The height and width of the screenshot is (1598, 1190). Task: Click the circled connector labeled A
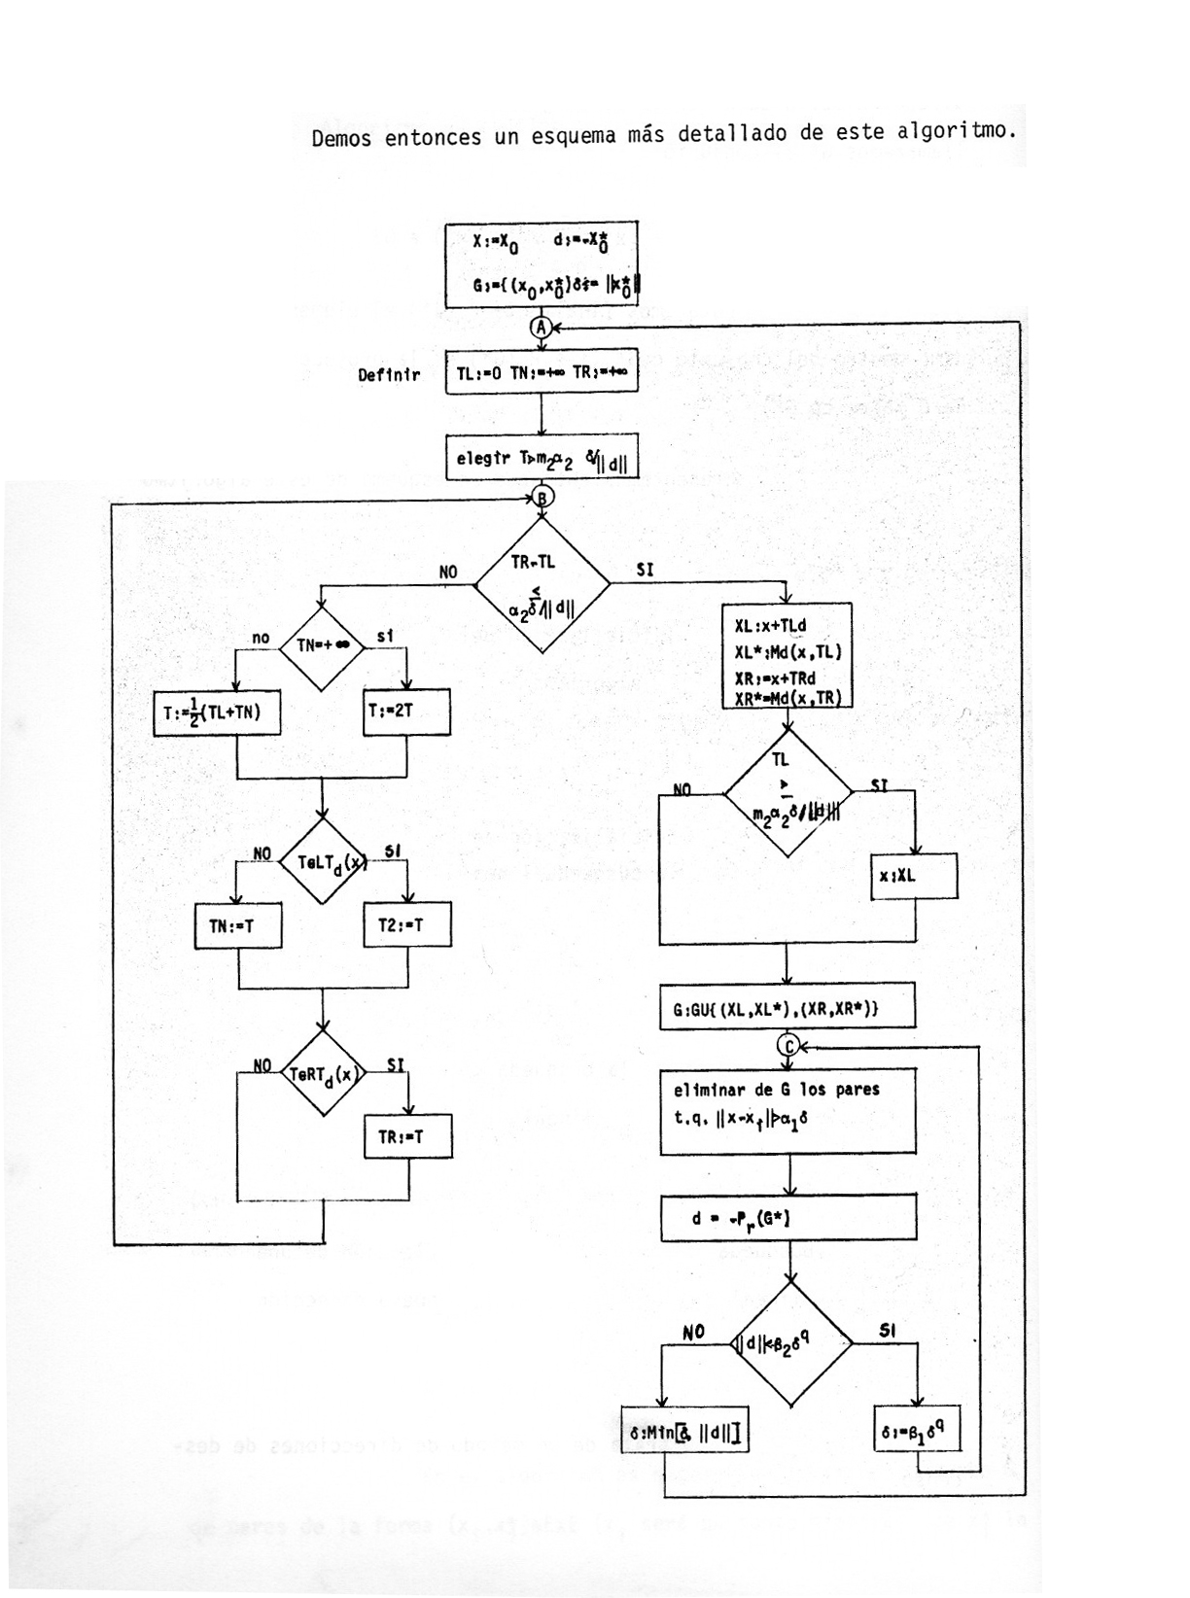[x=542, y=327]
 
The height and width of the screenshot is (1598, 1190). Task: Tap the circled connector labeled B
[x=542, y=497]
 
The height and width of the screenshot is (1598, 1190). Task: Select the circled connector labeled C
[x=787, y=1045]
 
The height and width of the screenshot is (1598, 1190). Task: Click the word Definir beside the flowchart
[x=389, y=375]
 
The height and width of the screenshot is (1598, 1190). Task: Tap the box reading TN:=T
[x=238, y=926]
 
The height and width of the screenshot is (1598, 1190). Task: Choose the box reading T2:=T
[x=407, y=926]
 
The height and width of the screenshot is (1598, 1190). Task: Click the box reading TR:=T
[x=407, y=1135]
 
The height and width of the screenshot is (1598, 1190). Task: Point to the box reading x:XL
[x=914, y=876]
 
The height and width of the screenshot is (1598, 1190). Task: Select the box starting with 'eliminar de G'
[x=787, y=1112]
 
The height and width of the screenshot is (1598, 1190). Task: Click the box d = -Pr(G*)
[x=787, y=1217]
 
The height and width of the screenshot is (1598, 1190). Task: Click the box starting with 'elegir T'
[x=542, y=457]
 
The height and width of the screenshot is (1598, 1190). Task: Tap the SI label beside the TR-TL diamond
[x=645, y=571]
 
